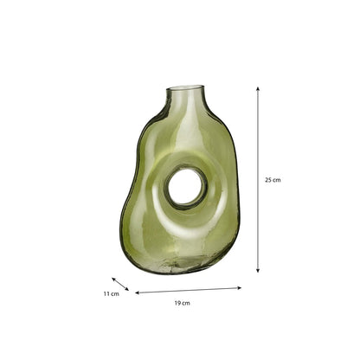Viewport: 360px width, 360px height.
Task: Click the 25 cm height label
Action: [x=273, y=180]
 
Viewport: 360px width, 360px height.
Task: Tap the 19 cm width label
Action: [x=182, y=303]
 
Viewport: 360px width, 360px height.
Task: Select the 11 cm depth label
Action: [x=112, y=294]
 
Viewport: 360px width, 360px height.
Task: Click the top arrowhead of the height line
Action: [x=258, y=88]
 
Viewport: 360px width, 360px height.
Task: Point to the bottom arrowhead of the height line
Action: [x=258, y=270]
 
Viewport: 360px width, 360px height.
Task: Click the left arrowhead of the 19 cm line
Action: [x=138, y=292]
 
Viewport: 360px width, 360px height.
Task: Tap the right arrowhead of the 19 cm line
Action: [x=239, y=287]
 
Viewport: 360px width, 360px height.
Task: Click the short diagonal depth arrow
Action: [x=120, y=284]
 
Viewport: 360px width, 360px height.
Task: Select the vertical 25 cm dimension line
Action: [x=258, y=179]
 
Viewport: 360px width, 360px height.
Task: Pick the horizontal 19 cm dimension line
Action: [x=188, y=290]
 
